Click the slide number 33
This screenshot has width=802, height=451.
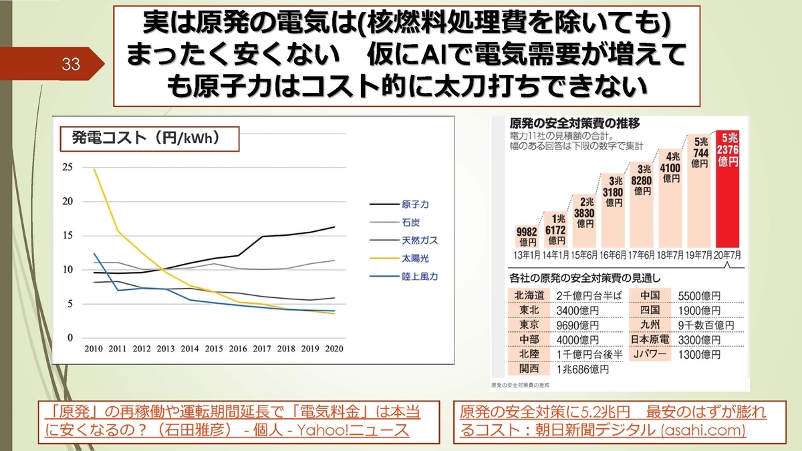[71, 65]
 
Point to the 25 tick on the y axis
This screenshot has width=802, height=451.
[67, 167]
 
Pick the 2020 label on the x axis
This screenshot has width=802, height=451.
[334, 349]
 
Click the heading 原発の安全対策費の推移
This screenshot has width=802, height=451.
[565, 123]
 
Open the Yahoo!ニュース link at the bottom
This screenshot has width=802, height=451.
[235, 421]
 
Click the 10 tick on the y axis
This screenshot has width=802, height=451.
[67, 269]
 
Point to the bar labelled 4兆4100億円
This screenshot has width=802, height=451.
[670, 207]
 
